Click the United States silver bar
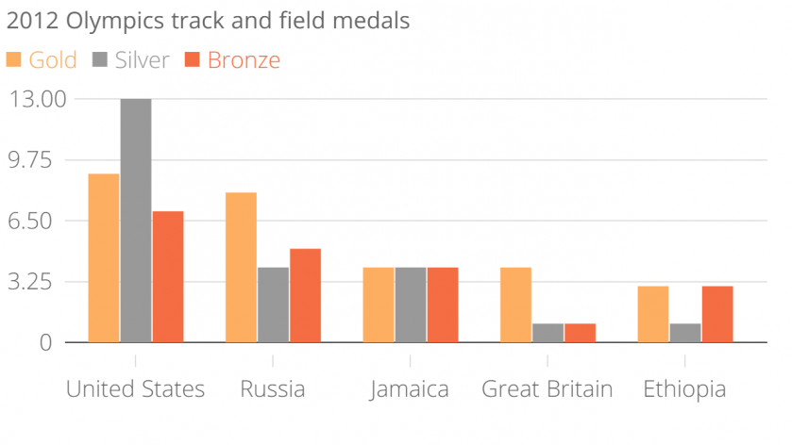click(x=136, y=221)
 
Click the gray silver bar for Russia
click(x=273, y=305)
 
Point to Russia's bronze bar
click(x=305, y=295)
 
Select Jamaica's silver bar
click(x=411, y=305)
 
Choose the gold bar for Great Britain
click(x=516, y=305)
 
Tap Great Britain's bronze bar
click(x=580, y=333)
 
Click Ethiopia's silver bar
click(x=685, y=333)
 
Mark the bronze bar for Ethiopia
click(x=717, y=314)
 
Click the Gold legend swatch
click(x=15, y=60)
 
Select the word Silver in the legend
click(x=142, y=60)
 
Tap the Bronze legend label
click(x=244, y=60)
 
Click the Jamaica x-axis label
click(x=410, y=389)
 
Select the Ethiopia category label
click(x=684, y=389)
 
